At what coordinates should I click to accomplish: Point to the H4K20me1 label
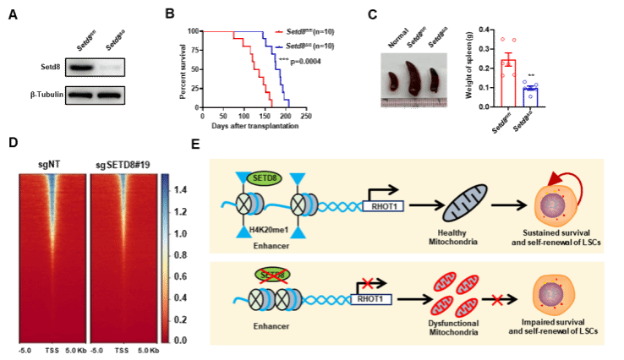pos(253,232)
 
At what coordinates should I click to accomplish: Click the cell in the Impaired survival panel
pos(553,297)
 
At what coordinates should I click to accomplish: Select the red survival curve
pos(255,68)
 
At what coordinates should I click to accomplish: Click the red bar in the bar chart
pos(508,82)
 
